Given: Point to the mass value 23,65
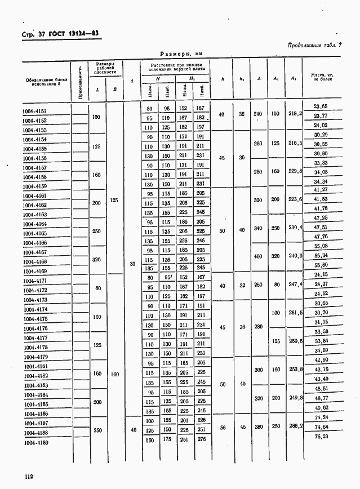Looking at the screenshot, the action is [x=321, y=106].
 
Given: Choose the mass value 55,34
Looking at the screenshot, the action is [x=321, y=255].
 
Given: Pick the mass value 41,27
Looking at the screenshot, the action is [x=321, y=189].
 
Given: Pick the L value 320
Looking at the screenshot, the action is [x=97, y=260].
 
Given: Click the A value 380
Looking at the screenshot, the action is [x=258, y=427].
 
